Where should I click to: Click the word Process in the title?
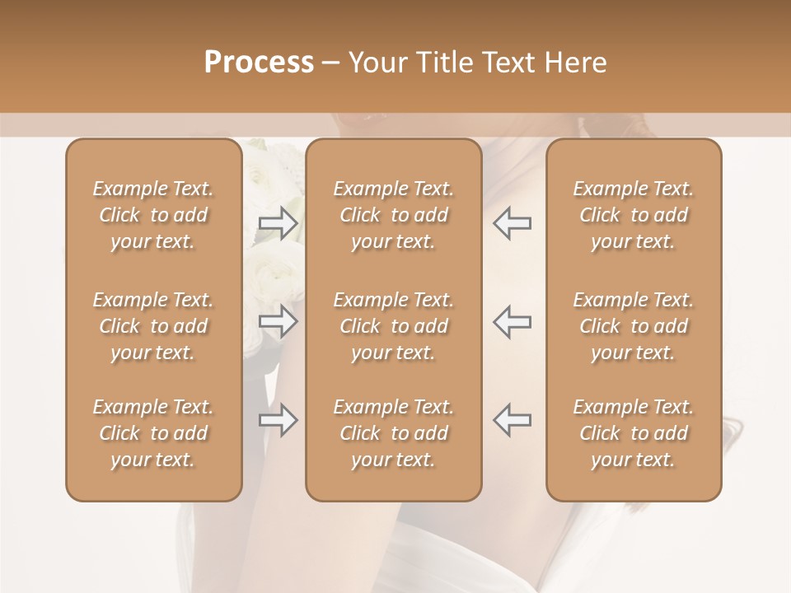click(x=259, y=63)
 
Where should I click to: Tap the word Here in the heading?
click(x=574, y=63)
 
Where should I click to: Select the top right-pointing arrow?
click(x=278, y=223)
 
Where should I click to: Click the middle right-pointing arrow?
click(x=278, y=321)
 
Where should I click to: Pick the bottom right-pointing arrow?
click(x=278, y=420)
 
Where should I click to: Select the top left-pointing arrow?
click(x=512, y=223)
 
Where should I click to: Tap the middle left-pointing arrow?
click(x=512, y=321)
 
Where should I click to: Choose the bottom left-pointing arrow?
click(x=512, y=420)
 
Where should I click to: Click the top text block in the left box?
click(x=153, y=215)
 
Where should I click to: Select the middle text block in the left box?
click(x=153, y=326)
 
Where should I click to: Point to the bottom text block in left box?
click(x=153, y=433)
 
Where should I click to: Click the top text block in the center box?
click(x=393, y=215)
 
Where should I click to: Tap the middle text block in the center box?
click(x=393, y=326)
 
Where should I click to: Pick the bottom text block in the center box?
click(x=393, y=433)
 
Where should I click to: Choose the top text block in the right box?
click(x=634, y=215)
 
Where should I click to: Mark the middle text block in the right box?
click(x=634, y=326)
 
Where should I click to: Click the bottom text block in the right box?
click(x=634, y=433)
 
